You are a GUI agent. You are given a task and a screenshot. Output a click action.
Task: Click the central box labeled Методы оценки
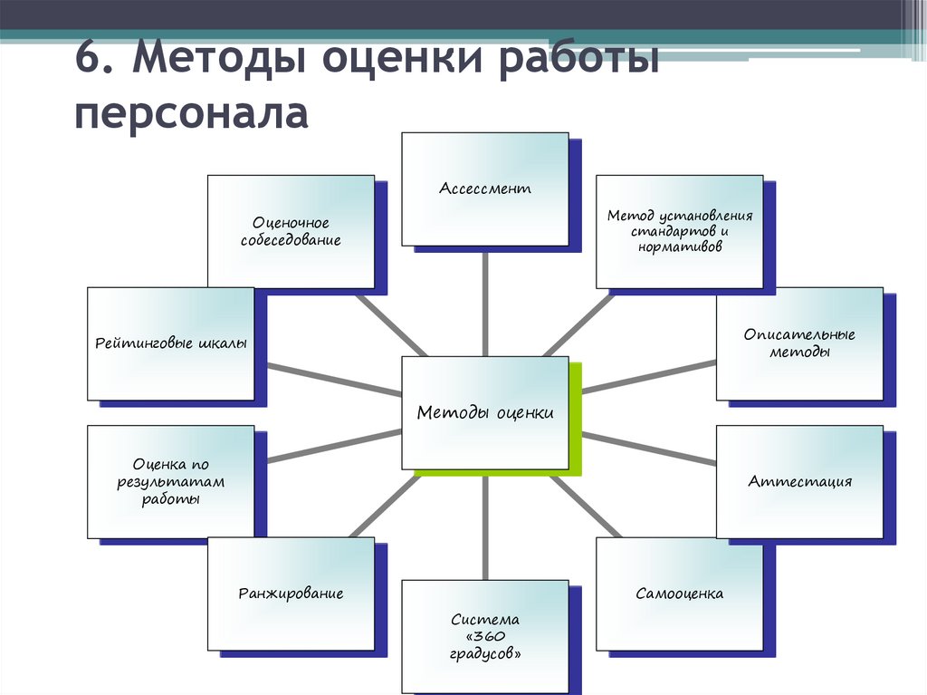(485, 413)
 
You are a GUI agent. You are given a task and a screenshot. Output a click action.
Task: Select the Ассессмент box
(485, 189)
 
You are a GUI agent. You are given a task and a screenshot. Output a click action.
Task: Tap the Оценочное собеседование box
(291, 231)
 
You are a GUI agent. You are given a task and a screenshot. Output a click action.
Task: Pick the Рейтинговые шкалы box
(171, 343)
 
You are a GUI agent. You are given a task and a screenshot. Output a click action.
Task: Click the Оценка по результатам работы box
(171, 481)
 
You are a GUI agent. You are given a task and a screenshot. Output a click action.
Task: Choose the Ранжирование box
(291, 594)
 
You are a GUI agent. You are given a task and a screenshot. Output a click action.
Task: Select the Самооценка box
(679, 594)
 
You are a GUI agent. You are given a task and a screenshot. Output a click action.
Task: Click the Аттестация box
(799, 481)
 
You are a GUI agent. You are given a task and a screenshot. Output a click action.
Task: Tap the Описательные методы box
(799, 343)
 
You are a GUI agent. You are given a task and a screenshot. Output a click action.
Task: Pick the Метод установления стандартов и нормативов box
(679, 231)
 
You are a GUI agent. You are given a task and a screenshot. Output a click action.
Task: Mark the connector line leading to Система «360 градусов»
(486, 526)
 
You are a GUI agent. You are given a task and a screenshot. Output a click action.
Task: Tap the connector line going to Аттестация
(648, 449)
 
